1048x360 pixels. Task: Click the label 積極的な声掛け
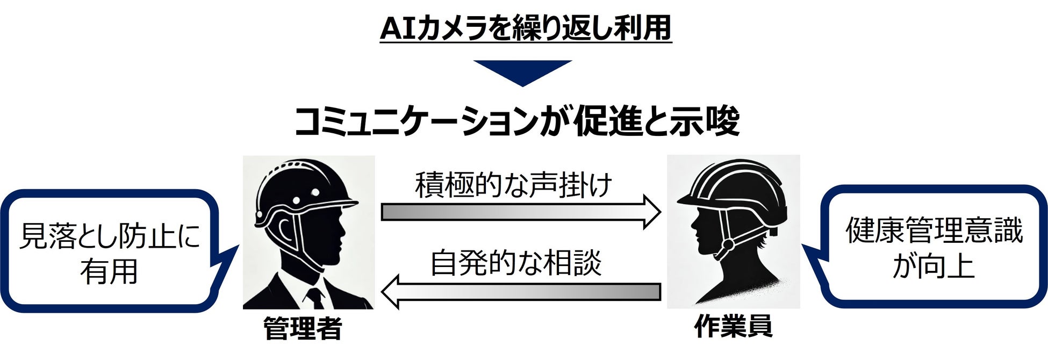(x=513, y=186)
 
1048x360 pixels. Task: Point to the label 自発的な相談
(x=516, y=263)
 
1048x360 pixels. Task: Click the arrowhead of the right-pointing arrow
(x=651, y=212)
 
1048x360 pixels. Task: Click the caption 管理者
(x=303, y=328)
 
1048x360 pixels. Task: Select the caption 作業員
(x=733, y=326)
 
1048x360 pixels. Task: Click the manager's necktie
(x=315, y=298)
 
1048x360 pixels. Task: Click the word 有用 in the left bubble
(x=109, y=271)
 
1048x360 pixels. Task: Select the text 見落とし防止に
(x=109, y=236)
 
